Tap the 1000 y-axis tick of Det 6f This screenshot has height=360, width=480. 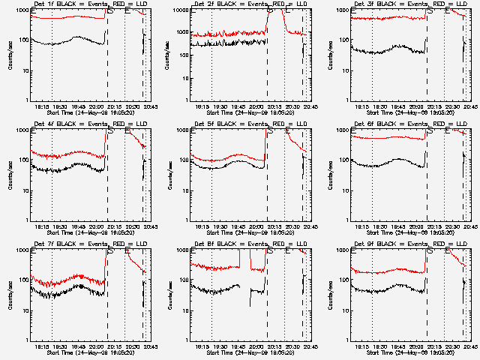[x=340, y=130]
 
